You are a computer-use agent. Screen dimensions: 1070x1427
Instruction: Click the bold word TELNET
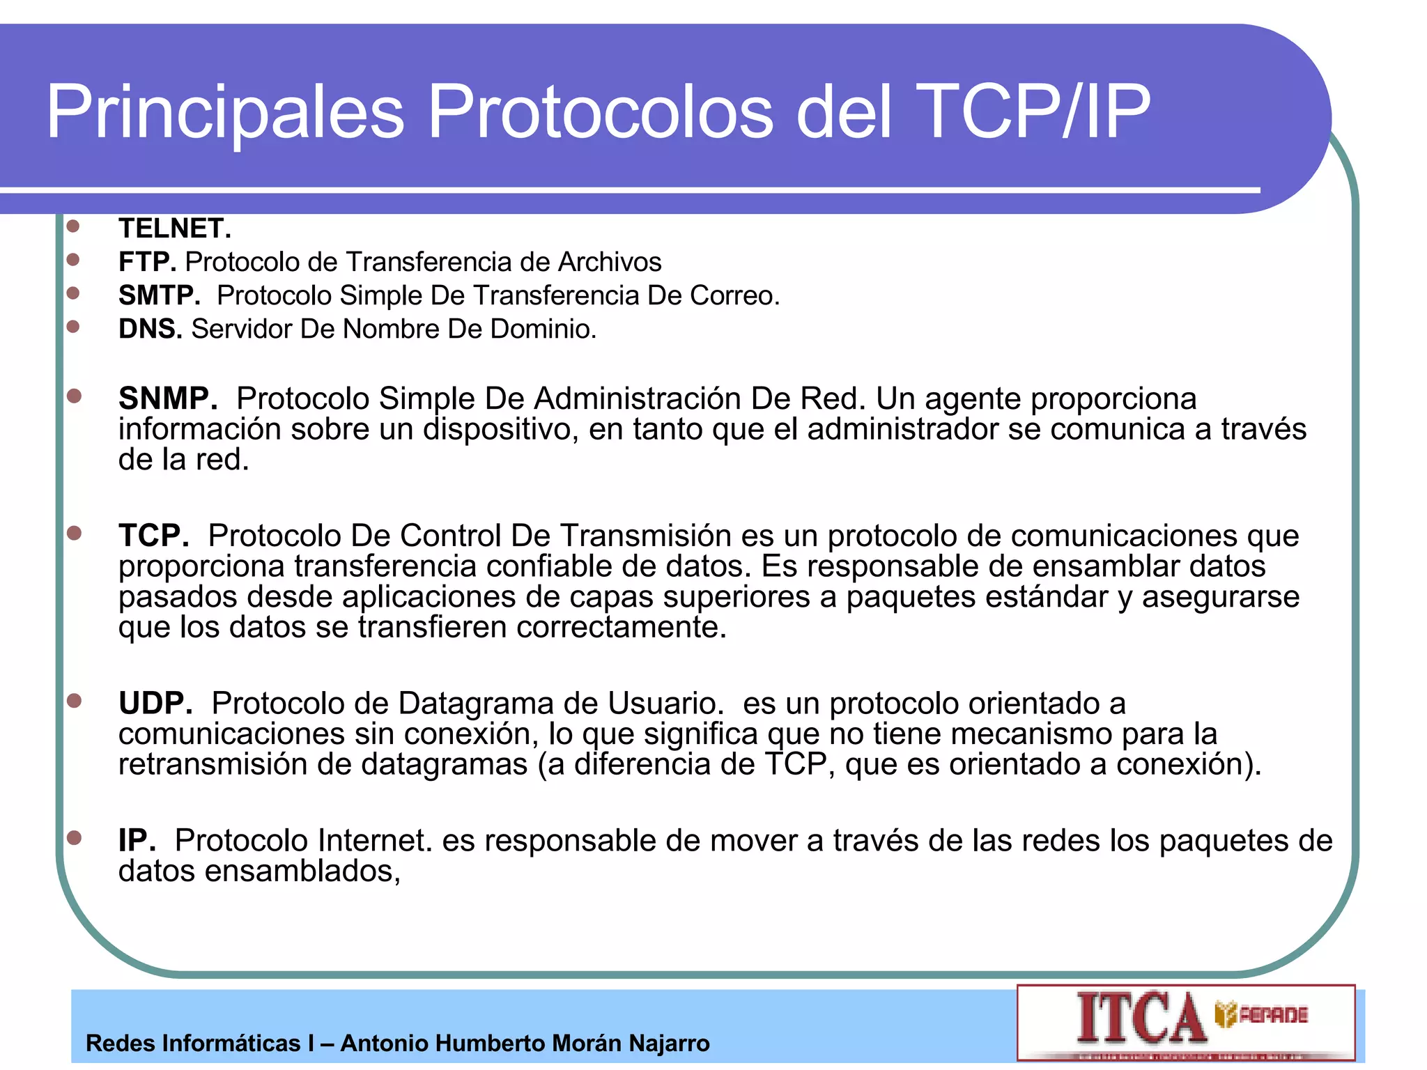174,228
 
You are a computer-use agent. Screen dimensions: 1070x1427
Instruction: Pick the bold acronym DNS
150,329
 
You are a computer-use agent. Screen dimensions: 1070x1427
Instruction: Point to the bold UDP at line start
155,703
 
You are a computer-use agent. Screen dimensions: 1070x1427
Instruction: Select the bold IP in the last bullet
137,840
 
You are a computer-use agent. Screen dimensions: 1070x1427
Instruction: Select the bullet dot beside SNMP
74,396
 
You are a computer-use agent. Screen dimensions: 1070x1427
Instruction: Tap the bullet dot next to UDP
74,700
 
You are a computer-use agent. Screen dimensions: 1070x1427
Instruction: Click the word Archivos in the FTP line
610,262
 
